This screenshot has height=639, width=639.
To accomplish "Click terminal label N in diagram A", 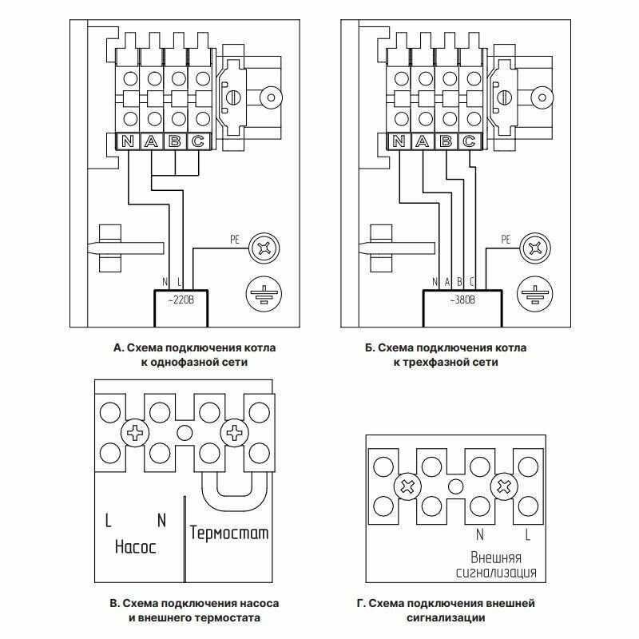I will click(x=128, y=142).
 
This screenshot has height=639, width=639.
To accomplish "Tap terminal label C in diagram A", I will click(x=199, y=142).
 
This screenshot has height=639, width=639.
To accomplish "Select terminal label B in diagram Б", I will click(x=447, y=142).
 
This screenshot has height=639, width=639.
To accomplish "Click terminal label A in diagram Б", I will click(x=423, y=142).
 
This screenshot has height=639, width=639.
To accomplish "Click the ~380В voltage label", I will click(x=462, y=301).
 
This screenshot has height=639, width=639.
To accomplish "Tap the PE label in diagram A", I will click(x=234, y=239).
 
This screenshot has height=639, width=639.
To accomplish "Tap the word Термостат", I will click(x=229, y=533).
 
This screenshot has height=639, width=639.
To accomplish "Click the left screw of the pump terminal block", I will click(x=134, y=434).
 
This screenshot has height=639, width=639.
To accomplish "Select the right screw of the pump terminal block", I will click(x=235, y=434).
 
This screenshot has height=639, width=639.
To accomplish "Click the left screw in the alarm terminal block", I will click(x=407, y=486).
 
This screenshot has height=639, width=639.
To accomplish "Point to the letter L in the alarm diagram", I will click(x=527, y=534).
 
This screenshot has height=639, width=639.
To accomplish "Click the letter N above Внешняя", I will click(x=479, y=534).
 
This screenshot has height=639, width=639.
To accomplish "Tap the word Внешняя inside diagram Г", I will click(x=496, y=557).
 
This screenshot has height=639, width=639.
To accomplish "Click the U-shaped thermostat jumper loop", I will click(x=235, y=495).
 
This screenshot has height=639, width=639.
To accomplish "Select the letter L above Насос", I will click(x=109, y=521).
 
